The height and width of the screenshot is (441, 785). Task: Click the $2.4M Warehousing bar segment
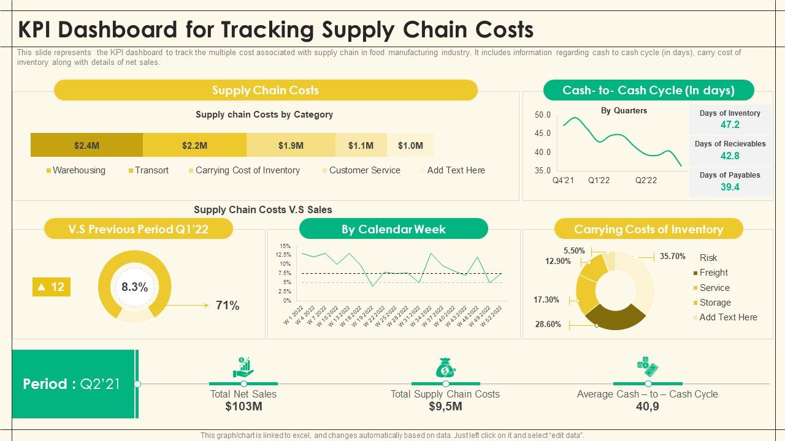(x=86, y=145)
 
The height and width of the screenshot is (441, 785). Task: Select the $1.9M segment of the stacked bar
(x=291, y=145)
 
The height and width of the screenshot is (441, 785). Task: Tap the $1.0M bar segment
(x=410, y=145)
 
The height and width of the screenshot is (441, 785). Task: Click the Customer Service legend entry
(x=364, y=170)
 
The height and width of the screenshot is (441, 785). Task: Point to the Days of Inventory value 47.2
(x=730, y=125)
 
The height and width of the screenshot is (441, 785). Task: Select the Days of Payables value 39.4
(x=730, y=187)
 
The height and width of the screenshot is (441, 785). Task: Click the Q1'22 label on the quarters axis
(x=599, y=181)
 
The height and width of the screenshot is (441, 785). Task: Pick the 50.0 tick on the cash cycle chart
(x=543, y=115)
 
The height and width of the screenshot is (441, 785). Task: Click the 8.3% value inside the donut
(x=134, y=287)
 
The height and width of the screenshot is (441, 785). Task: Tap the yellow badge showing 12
(x=52, y=287)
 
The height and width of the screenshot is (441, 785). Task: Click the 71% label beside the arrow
(x=228, y=306)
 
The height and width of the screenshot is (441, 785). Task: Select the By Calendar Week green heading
(x=393, y=229)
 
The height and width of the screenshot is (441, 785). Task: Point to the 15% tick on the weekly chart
(x=286, y=246)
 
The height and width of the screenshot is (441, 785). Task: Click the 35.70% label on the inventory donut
(x=672, y=257)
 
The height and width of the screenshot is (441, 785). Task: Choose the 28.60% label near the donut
(x=548, y=325)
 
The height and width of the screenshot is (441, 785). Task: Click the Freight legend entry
(x=713, y=273)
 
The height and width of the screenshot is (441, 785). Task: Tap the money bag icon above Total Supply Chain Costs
(x=445, y=367)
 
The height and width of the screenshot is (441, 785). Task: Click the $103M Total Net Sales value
(x=243, y=407)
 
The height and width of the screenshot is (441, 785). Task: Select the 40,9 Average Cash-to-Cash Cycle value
(x=647, y=407)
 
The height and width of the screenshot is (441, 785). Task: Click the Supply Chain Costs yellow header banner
(x=266, y=90)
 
